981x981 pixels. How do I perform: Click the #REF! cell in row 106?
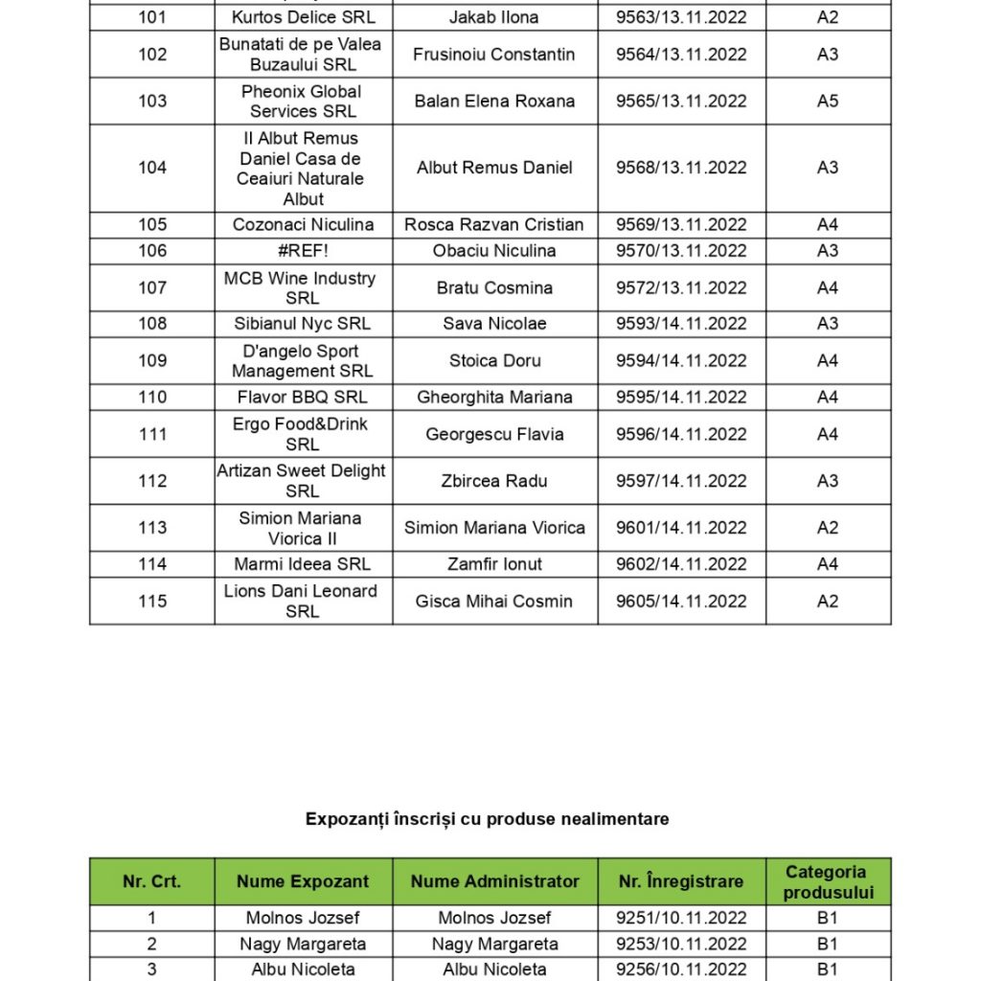click(x=303, y=251)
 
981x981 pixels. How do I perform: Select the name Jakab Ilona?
click(x=493, y=17)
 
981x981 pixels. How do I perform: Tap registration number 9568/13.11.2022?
click(x=681, y=168)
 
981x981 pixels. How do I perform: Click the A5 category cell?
click(x=828, y=101)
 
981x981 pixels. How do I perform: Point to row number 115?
click(x=152, y=602)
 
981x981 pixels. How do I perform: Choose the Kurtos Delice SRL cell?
click(x=303, y=17)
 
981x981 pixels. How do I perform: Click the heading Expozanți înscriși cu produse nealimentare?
click(x=487, y=819)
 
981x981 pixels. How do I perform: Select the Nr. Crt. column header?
click(x=151, y=881)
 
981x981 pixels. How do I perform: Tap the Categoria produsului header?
click(x=828, y=881)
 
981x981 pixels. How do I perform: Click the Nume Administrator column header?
click(x=494, y=881)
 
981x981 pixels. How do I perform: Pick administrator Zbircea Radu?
click(x=494, y=481)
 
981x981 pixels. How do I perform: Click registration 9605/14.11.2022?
click(x=681, y=602)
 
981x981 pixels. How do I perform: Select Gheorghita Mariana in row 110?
click(x=494, y=397)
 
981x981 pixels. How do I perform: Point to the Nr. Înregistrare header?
click(x=681, y=881)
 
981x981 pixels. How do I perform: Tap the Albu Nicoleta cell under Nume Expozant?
click(x=303, y=969)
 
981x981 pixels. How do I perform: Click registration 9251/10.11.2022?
click(x=681, y=918)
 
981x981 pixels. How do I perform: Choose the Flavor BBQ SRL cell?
click(x=303, y=397)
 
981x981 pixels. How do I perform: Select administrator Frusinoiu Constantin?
click(x=494, y=55)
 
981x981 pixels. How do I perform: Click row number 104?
click(x=152, y=168)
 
